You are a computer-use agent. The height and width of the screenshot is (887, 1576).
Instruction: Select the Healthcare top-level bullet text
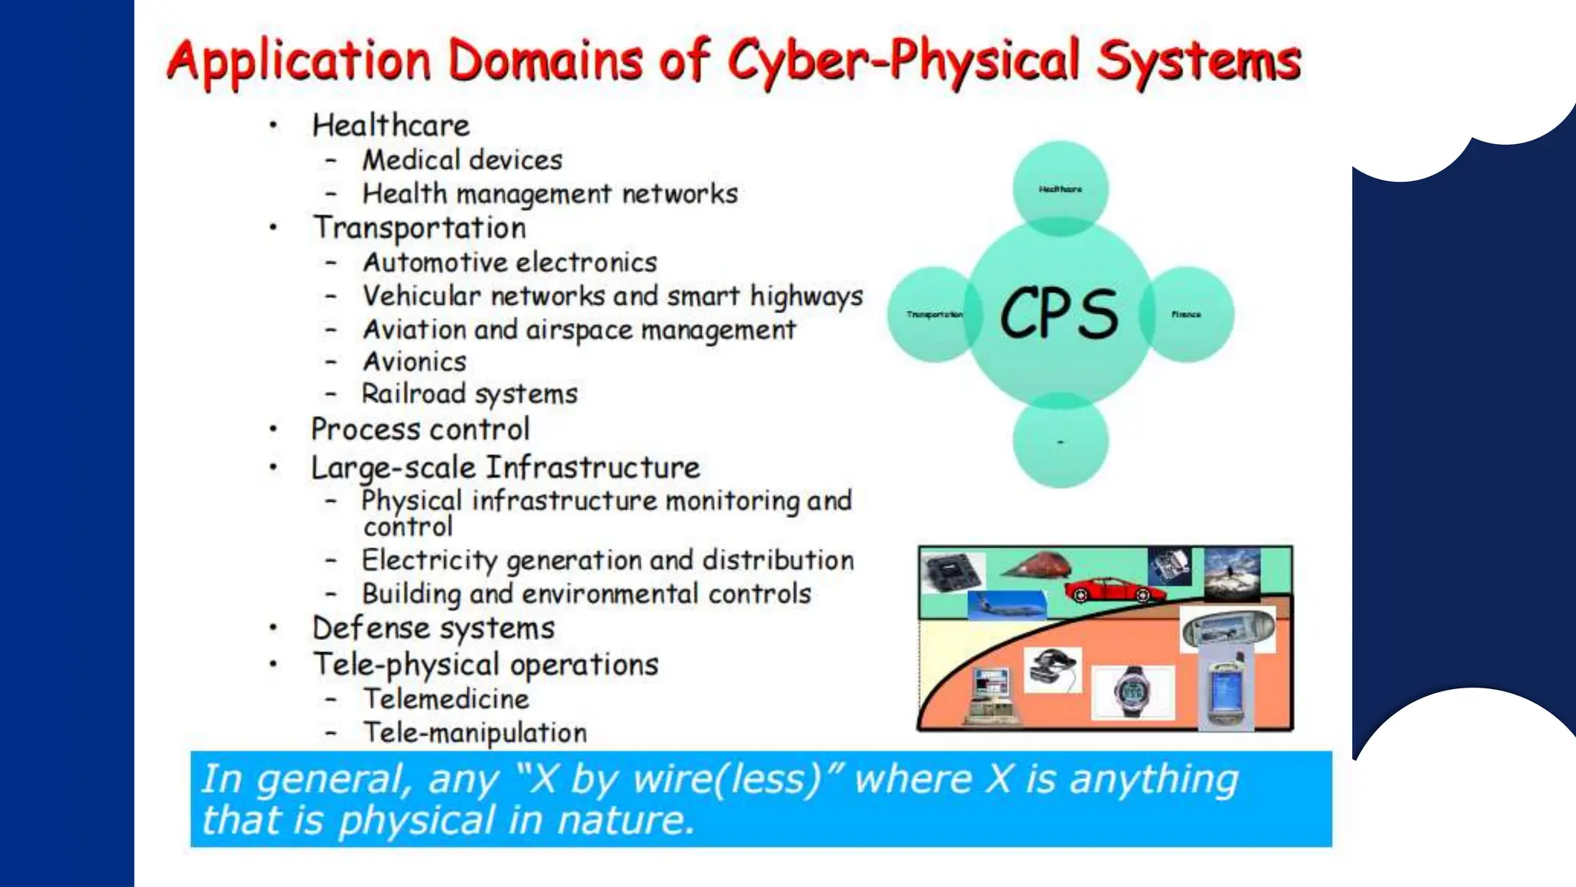(x=390, y=126)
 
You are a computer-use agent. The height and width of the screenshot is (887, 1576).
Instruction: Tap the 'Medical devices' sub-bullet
(x=462, y=160)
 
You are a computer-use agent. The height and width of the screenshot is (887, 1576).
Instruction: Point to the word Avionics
(x=415, y=362)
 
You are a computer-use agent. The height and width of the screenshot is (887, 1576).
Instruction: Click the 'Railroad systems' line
(x=469, y=394)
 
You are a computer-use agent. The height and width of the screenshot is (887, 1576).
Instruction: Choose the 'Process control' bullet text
(x=420, y=430)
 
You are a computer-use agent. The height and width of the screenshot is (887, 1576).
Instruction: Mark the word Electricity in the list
(x=429, y=561)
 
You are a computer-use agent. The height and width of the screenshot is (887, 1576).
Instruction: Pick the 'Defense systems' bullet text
(x=433, y=628)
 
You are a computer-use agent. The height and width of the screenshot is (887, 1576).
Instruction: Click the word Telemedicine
(x=446, y=699)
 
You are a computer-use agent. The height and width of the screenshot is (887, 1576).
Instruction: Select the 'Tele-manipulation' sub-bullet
(x=475, y=732)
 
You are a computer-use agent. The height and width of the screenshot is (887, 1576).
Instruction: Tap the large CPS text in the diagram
(x=1059, y=313)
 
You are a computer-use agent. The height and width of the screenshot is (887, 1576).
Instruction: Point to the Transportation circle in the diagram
(x=933, y=314)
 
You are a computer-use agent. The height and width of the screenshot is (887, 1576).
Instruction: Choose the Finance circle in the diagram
(x=1187, y=314)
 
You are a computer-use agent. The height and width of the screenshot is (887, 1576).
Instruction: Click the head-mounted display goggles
(x=1052, y=667)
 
